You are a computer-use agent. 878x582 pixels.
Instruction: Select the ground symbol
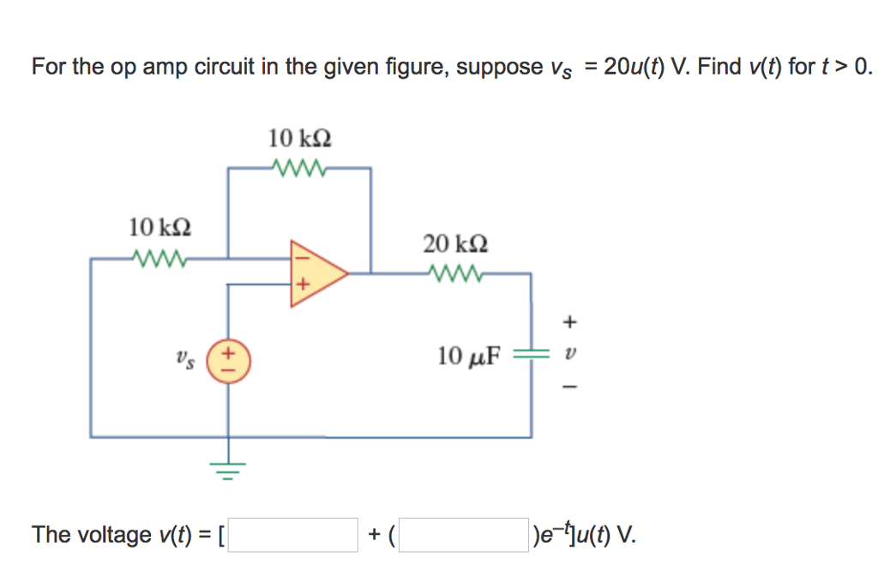[x=228, y=469]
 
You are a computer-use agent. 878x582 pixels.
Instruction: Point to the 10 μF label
[x=467, y=356]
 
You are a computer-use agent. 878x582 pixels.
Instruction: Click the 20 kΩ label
[x=455, y=243]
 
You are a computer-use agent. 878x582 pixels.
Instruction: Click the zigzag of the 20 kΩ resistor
[x=455, y=274]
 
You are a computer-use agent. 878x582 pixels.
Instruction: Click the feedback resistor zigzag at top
[x=299, y=168]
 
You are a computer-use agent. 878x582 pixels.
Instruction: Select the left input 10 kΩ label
[x=159, y=228]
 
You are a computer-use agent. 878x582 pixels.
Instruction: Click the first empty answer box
[x=292, y=535]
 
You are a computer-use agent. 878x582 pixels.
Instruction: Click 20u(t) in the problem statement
[x=634, y=67]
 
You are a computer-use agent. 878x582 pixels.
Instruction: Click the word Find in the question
[x=719, y=67]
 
